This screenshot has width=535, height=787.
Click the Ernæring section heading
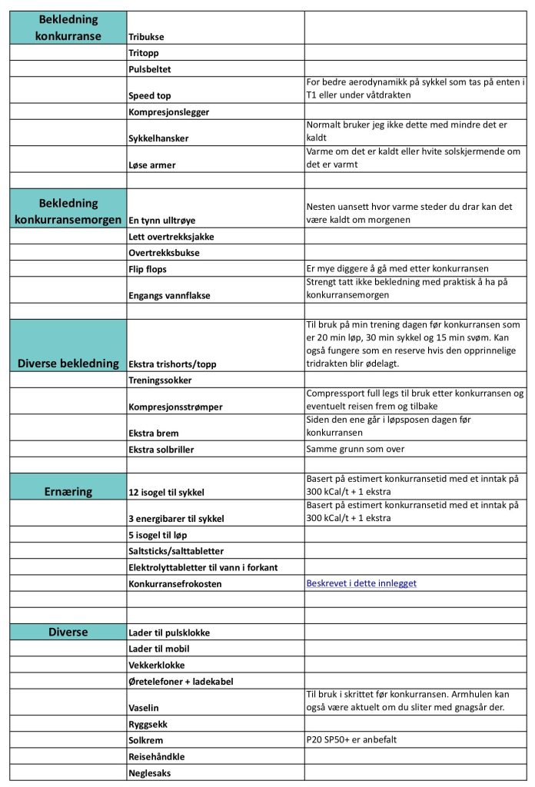click(68, 491)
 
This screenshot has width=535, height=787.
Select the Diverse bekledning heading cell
click(68, 363)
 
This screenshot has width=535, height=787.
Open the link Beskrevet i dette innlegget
click(361, 583)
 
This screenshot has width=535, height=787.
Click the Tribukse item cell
click(146, 36)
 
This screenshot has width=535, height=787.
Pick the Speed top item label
click(150, 96)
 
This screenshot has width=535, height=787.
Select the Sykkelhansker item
click(158, 138)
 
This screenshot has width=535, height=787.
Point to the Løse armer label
click(151, 164)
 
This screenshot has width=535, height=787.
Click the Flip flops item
click(148, 269)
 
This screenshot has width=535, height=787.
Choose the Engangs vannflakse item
click(169, 295)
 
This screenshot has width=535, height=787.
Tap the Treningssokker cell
click(160, 380)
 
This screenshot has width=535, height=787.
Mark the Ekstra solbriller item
click(161, 449)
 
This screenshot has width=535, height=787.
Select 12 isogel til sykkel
click(166, 492)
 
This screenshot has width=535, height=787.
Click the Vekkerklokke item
click(156, 665)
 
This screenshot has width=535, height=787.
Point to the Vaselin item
click(144, 707)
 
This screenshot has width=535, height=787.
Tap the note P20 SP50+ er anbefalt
click(352, 739)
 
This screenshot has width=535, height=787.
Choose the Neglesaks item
click(150, 772)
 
